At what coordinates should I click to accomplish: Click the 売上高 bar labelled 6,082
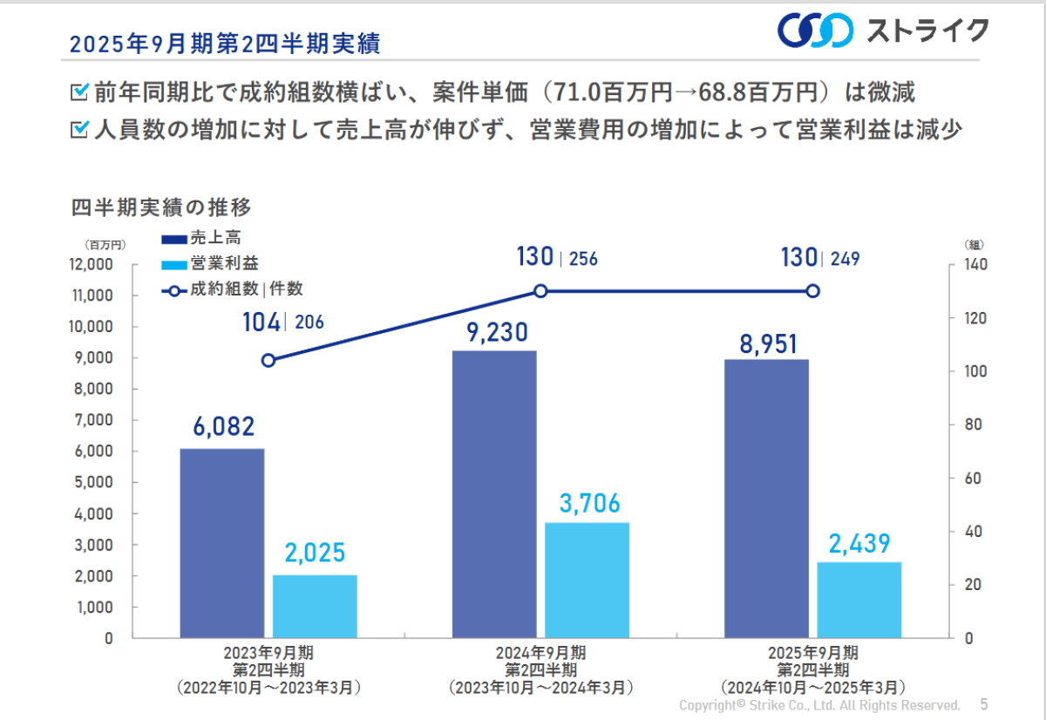pyautogui.click(x=222, y=542)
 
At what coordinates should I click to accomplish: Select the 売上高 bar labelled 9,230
pyautogui.click(x=494, y=493)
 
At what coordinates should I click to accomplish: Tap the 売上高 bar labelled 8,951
pyautogui.click(x=766, y=498)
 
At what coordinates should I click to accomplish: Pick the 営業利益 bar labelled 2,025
pyautogui.click(x=315, y=606)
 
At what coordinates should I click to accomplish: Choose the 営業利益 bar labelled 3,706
pyautogui.click(x=587, y=580)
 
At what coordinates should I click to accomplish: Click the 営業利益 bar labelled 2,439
pyautogui.click(x=859, y=600)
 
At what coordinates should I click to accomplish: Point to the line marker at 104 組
pyautogui.click(x=268, y=361)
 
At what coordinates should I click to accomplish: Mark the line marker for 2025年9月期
pyautogui.click(x=812, y=291)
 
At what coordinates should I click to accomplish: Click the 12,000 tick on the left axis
pyautogui.click(x=89, y=264)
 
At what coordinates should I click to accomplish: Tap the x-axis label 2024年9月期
pyautogui.click(x=540, y=653)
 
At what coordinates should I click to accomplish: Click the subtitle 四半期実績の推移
pyautogui.click(x=161, y=207)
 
